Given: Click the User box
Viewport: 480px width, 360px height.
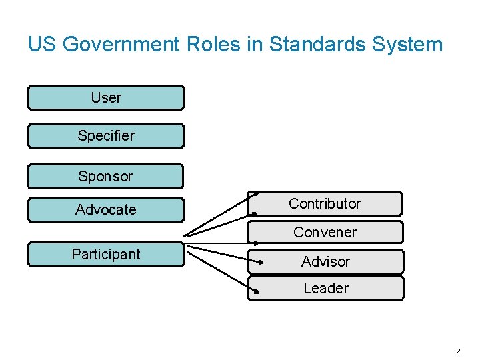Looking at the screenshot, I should [105, 97].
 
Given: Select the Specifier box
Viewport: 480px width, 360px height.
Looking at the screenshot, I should [105, 136].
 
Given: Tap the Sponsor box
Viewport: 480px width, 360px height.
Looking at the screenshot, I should [105, 177].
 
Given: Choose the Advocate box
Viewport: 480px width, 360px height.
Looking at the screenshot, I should [105, 210].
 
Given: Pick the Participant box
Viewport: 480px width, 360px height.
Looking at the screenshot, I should [105, 255].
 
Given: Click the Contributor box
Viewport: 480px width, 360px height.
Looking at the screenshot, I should [325, 203].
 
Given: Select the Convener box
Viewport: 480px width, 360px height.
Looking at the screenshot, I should [325, 232].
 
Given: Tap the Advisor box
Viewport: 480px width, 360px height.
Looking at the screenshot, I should [325, 261].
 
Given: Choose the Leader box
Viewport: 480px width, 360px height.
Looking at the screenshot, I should [325, 289].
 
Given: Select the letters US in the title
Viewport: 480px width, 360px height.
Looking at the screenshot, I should [40, 45].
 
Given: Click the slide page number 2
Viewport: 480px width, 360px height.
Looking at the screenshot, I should [458, 351].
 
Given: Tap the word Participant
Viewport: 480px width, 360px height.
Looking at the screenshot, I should [105, 254].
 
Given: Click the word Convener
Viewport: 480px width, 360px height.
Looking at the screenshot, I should [325, 232].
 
